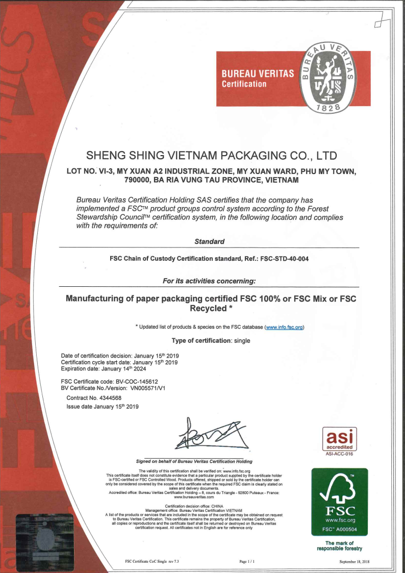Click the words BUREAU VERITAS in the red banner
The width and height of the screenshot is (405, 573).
[258, 73]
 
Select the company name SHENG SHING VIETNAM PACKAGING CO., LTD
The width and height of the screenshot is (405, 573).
[212, 155]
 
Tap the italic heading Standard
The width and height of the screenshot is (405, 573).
[209, 241]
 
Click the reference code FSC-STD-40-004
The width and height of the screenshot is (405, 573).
[284, 259]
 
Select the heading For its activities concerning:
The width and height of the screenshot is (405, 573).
[209, 281]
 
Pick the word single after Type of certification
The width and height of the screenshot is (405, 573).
[242, 340]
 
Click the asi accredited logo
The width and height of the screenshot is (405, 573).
[339, 438]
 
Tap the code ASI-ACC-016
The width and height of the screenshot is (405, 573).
[339, 453]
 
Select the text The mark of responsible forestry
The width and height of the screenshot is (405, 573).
[339, 546]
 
